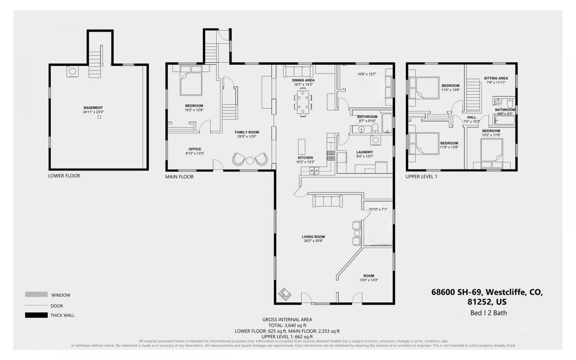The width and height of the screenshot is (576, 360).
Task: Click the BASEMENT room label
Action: (93, 108)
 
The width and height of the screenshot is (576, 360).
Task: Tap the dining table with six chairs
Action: (303, 102)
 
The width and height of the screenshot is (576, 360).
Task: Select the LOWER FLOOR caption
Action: (64, 176)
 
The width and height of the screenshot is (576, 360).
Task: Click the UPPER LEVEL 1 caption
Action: (421, 176)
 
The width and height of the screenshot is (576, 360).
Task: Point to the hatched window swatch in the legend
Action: (36, 294)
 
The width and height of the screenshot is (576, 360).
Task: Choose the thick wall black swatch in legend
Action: (36, 315)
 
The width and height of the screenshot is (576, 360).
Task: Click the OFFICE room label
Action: (195, 149)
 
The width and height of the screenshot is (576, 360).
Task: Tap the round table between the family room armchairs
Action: (250, 160)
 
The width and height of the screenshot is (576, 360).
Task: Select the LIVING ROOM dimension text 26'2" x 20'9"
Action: (313, 241)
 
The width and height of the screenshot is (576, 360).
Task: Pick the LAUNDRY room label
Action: (364, 152)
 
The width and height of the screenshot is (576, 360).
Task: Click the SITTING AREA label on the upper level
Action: (496, 78)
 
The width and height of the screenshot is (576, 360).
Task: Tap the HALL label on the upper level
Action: (472, 117)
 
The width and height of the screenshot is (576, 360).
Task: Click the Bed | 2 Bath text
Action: (488, 313)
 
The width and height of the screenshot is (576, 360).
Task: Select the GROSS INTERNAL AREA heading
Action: (287, 319)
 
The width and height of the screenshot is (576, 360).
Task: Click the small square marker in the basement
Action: (100, 117)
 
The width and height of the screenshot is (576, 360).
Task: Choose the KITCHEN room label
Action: (305, 158)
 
